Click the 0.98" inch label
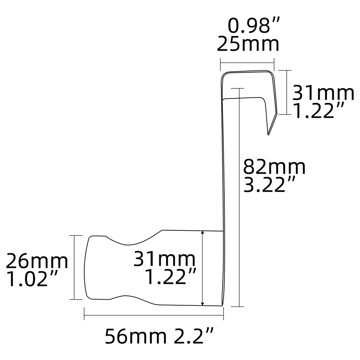click(254, 26)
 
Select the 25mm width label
click(248, 45)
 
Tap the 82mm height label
click(274, 167)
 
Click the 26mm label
click(37, 261)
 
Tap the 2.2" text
click(194, 337)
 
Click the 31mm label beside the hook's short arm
click(323, 93)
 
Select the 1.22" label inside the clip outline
click(170, 276)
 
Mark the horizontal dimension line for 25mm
click(247, 64)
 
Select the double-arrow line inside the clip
click(203, 268)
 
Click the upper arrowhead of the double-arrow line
click(203, 233)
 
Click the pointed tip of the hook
click(269, 134)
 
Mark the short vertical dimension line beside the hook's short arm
click(286, 92)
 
